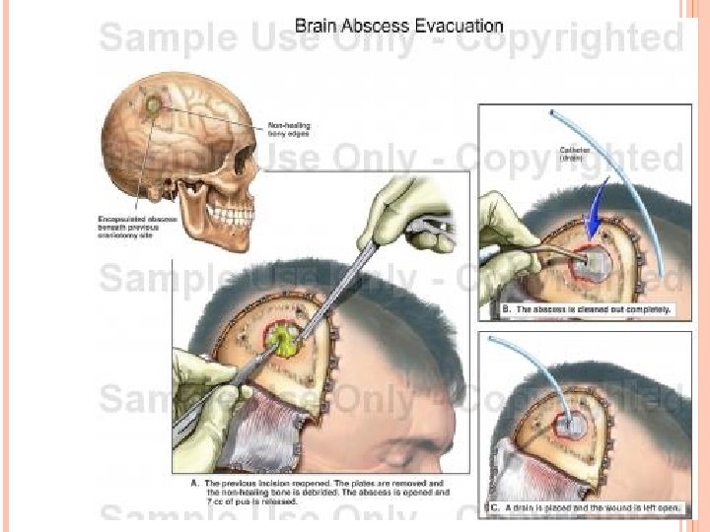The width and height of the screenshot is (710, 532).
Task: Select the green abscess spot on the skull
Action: [152, 101]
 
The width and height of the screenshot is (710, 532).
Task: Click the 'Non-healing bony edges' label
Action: [294, 129]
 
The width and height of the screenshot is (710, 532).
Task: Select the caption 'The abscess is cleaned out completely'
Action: [588, 308]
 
